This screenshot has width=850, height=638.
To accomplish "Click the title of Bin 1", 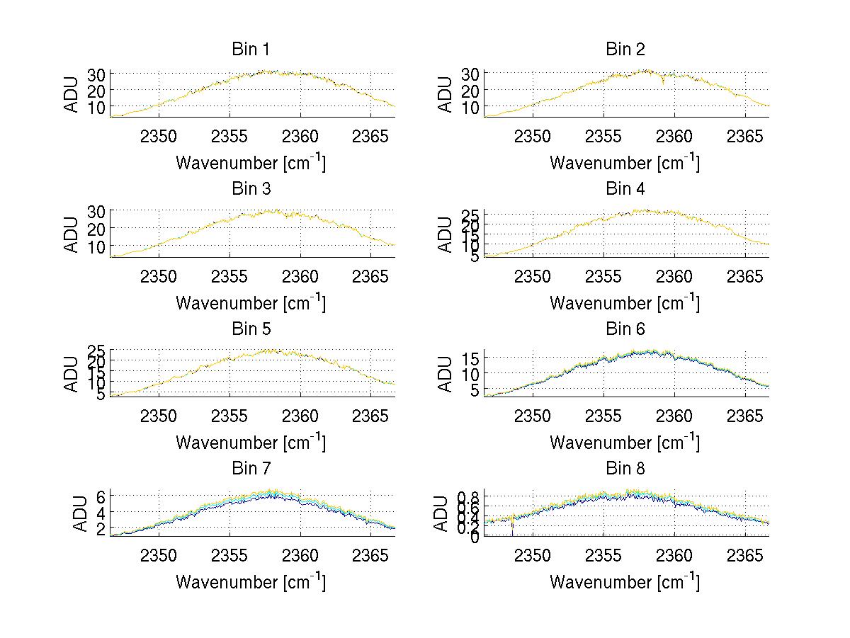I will [250, 50].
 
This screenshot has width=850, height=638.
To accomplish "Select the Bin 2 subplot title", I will [625, 50].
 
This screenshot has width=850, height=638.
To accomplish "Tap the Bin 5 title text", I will [250, 329].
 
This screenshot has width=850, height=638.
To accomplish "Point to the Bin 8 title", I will [625, 469].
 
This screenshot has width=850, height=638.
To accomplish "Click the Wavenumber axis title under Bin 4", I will [624, 302].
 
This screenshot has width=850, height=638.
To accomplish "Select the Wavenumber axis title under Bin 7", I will [250, 581].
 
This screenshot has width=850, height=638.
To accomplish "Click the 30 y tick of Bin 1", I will [97, 74].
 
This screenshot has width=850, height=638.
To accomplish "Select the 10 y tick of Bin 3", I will [97, 246].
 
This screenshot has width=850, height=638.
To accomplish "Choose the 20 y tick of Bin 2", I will [471, 90].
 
